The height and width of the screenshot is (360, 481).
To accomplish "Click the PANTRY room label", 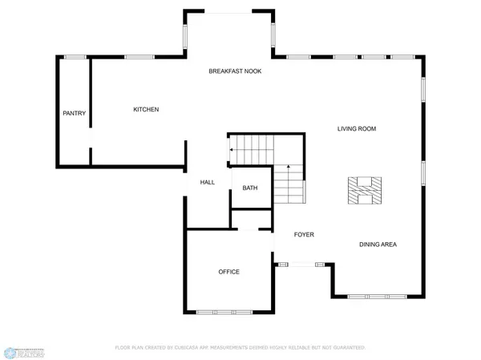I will click(74, 113).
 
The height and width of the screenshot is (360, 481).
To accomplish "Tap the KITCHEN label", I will click(146, 110).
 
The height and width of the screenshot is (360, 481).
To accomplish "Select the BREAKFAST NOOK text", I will click(235, 71).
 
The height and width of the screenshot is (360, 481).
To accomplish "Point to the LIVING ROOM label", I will click(356, 128).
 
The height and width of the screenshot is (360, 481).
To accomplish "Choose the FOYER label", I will click(303, 235).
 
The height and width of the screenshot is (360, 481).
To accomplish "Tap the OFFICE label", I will click(229, 272).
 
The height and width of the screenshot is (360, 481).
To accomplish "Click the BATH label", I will click(250, 188).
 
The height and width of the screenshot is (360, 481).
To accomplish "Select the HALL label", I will click(208, 183).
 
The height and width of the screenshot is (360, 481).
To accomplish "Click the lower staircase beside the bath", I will click(289, 186).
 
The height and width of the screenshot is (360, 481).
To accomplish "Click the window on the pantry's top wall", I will click(75, 57).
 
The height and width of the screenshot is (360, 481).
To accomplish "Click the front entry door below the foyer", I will click(303, 263).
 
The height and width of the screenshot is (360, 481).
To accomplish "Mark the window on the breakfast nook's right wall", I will click(273, 34).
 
